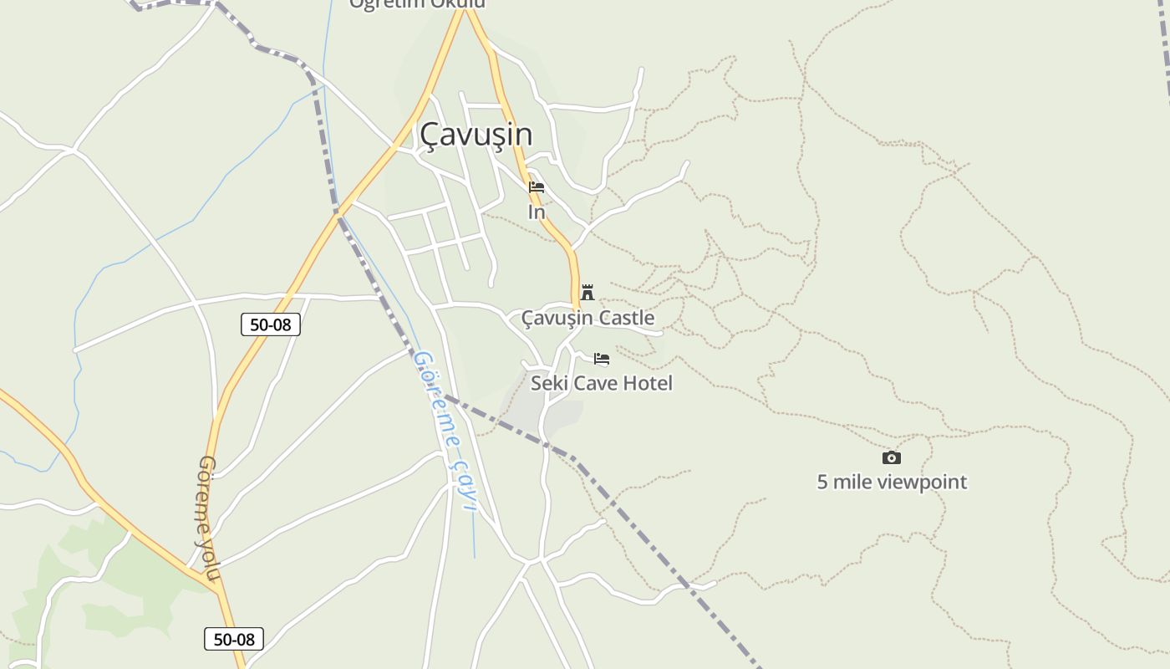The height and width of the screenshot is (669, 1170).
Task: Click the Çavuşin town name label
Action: [x=476, y=135]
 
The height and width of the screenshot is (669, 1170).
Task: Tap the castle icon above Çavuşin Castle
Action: [x=588, y=292]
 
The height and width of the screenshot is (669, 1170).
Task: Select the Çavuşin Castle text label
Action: [x=588, y=318]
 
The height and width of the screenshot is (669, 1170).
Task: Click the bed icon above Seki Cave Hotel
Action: [x=602, y=359]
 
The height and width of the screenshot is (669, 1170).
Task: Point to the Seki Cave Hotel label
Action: [x=602, y=383]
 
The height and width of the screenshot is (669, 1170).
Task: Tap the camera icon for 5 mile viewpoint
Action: [x=892, y=457]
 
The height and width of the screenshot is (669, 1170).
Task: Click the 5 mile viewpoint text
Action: [x=892, y=482]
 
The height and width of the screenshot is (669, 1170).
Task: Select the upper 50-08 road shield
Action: [x=271, y=324]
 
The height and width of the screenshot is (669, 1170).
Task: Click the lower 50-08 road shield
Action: [x=234, y=639]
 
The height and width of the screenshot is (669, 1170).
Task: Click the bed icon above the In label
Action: [x=537, y=187]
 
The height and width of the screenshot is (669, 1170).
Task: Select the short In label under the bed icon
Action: [x=537, y=212]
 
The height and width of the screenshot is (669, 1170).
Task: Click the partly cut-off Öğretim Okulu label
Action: [x=417, y=4]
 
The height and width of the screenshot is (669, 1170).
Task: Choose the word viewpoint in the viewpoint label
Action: [x=923, y=482]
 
